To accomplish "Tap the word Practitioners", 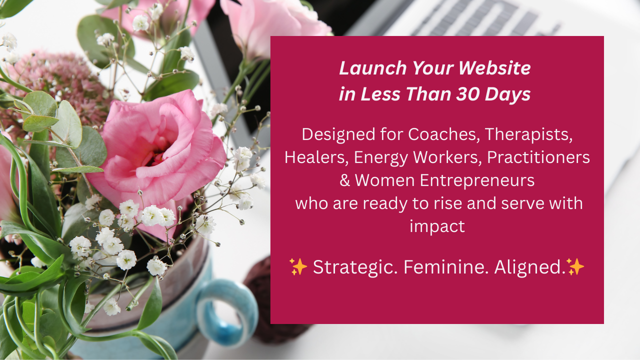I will [x=538, y=157].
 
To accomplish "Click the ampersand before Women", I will [x=344, y=180].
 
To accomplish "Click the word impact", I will [x=437, y=226].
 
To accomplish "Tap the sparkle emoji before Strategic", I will [x=298, y=267].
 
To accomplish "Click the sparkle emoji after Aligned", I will [x=575, y=267].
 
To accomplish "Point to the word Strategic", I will [x=355, y=267].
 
